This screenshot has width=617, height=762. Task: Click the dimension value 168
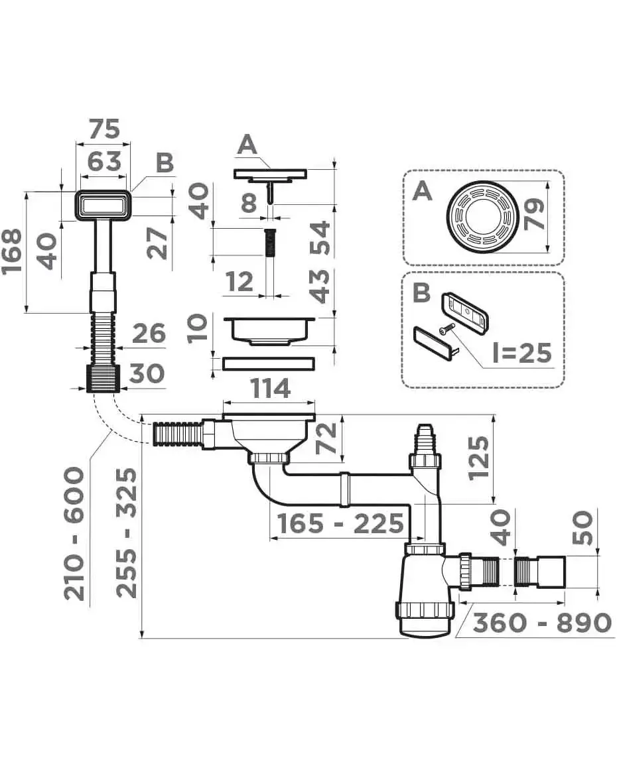click(15, 251)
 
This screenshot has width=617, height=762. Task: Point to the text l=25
click(521, 353)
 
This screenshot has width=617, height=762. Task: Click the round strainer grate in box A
click(482, 216)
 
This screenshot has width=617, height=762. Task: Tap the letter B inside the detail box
click(422, 292)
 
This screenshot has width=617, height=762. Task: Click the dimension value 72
click(326, 438)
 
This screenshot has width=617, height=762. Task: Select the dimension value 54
click(320, 239)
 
